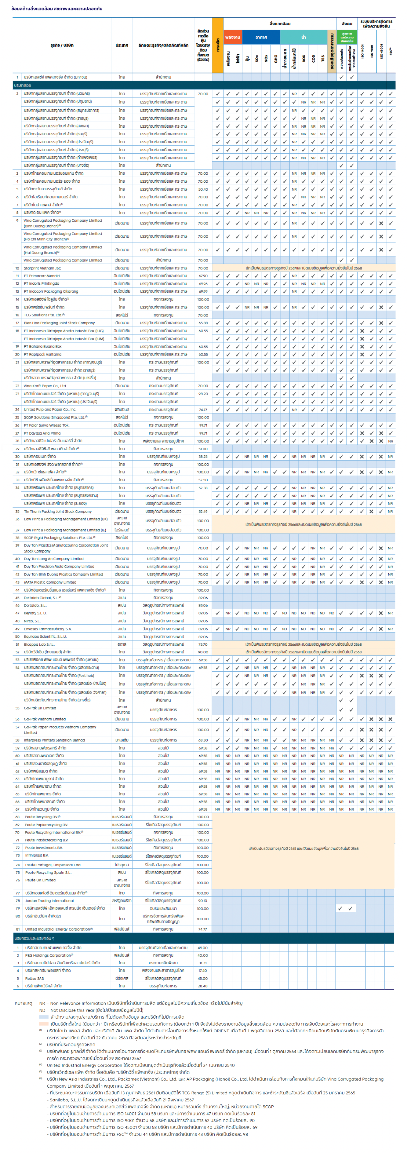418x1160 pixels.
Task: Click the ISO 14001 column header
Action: coord(362,51)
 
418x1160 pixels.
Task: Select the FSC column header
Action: coord(391,51)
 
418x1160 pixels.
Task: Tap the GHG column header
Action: coord(275,58)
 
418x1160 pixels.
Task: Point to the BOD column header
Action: coord(304,58)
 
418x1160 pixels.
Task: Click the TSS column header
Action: coord(323,58)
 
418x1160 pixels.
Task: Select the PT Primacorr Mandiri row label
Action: coord(42,275)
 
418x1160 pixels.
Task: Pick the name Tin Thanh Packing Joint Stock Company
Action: coord(58,512)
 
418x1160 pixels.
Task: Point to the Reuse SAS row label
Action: coord(34,978)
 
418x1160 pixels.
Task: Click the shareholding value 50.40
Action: coord(203,189)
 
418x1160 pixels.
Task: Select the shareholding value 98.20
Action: coord(203,394)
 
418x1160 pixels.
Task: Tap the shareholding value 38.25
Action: coord(203,457)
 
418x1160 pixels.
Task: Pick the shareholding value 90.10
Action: coord(203,901)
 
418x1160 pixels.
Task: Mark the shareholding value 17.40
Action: coord(203,970)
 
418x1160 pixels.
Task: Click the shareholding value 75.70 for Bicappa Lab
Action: coord(203,644)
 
